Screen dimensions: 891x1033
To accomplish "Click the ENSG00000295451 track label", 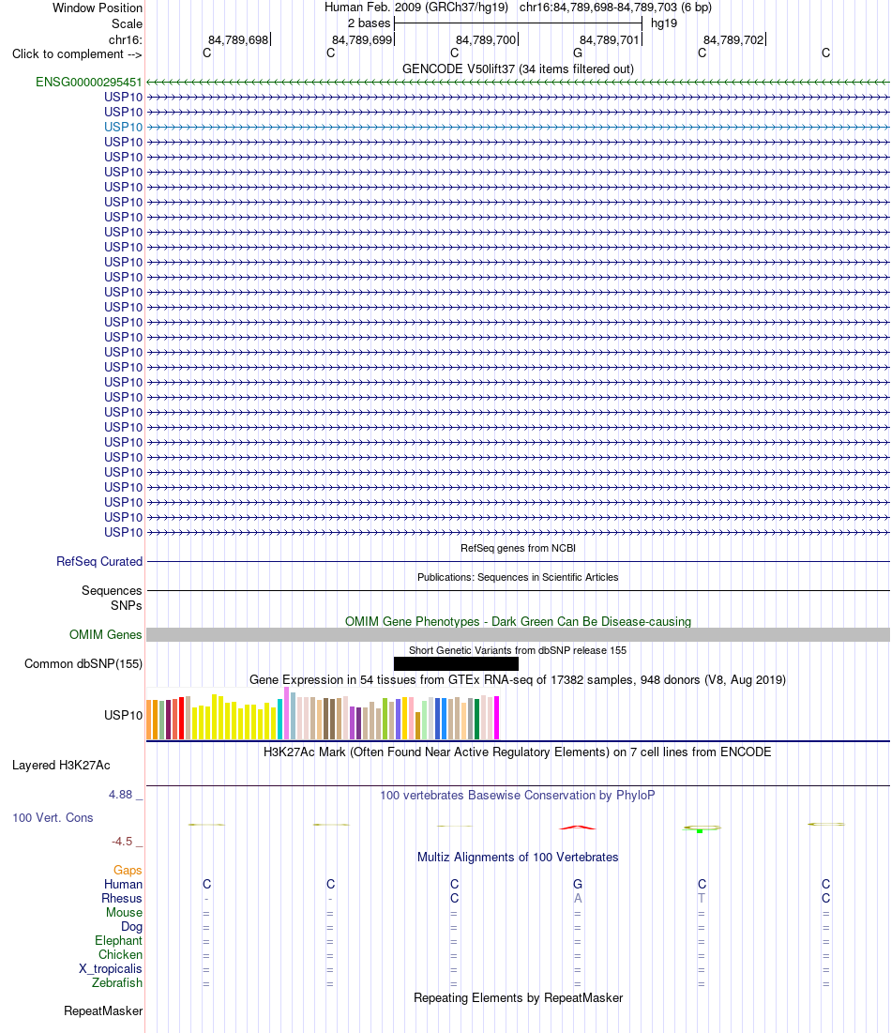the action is [x=89, y=83].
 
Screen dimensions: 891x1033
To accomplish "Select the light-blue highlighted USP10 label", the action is [x=123, y=128].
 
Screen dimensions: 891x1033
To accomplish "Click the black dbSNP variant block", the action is [x=456, y=663].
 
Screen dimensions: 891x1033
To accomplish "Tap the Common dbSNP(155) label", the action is [x=83, y=664].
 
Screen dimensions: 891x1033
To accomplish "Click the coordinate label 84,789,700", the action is [x=486, y=40].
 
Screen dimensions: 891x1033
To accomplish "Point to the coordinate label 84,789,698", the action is [x=238, y=40].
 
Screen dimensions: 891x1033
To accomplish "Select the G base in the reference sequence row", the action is [x=578, y=53].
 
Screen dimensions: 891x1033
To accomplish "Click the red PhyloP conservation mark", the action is [x=578, y=828].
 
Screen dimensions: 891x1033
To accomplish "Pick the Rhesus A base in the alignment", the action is [x=578, y=899].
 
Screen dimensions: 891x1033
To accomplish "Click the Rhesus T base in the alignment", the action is [x=702, y=899].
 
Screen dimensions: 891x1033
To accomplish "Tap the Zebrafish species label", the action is [x=117, y=983].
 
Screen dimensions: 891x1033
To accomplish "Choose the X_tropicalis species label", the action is [x=111, y=969].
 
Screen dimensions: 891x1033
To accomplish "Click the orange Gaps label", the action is [x=128, y=871].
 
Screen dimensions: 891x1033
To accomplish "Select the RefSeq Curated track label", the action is [x=99, y=562].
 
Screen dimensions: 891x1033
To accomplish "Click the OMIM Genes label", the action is [x=105, y=635].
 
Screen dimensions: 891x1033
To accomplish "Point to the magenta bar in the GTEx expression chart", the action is [x=496, y=718].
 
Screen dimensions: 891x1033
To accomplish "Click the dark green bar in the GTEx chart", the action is [x=476, y=720].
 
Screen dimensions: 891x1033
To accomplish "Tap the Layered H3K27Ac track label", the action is [x=61, y=766].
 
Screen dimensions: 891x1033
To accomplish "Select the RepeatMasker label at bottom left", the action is [x=103, y=1011].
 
